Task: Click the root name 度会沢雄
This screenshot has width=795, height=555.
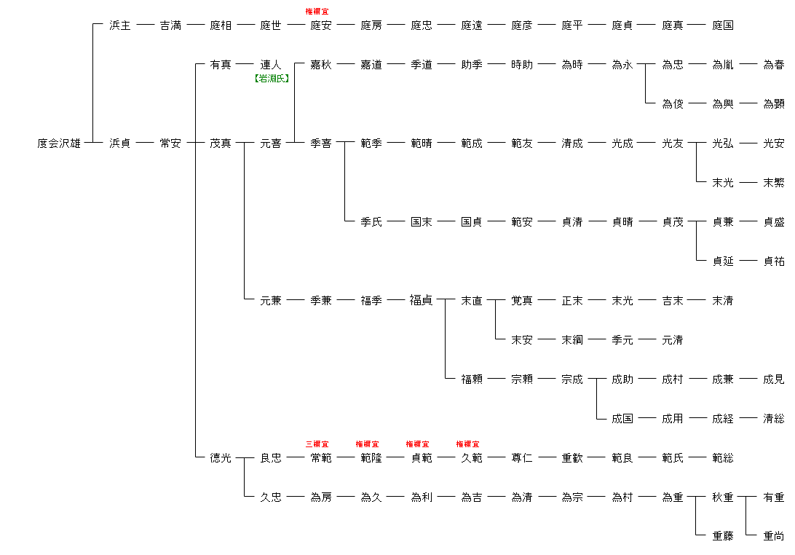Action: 59,143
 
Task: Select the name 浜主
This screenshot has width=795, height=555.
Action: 120,25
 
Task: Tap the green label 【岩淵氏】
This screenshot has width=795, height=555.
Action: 271,79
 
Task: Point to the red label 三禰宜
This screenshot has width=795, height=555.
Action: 317,444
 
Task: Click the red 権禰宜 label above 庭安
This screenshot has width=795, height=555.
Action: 317,12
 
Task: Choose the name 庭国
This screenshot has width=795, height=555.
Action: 723,25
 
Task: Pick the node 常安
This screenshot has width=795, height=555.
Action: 170,143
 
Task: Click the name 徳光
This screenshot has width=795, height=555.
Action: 221,458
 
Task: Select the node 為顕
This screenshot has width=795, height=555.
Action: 773,104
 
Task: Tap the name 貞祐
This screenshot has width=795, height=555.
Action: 773,261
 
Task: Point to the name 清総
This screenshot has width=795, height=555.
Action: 773,419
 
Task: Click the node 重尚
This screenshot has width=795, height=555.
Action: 773,537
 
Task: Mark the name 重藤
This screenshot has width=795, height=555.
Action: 723,537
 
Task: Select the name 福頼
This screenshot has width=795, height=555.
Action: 472,379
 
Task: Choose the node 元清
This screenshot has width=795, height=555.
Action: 673,340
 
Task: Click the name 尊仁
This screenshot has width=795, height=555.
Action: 522,458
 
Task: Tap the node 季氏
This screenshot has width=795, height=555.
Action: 371,222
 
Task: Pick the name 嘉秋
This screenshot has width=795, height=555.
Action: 321,65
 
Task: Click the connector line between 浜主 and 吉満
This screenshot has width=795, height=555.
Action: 146,25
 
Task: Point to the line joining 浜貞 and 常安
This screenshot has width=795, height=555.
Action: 146,143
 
